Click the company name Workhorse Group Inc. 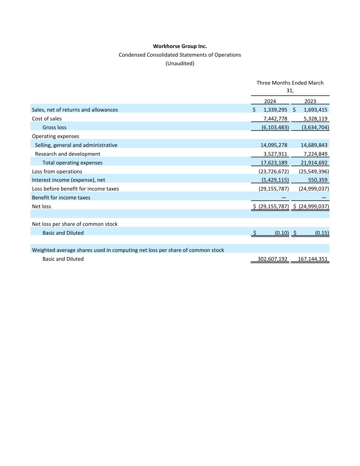(x=180, y=46)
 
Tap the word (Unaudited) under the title (x=180, y=63)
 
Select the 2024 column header (x=270, y=101)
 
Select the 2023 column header (x=310, y=101)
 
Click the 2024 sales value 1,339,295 (x=275, y=110)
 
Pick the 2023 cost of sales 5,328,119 (x=315, y=118)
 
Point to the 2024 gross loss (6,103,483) (x=275, y=127)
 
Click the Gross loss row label (x=54, y=127)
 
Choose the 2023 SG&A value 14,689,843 (x=314, y=145)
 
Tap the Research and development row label (x=68, y=154)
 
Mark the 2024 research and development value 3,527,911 (x=275, y=154)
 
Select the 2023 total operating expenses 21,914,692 (x=314, y=163)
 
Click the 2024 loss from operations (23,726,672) (x=274, y=171)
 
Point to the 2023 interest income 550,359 (x=318, y=180)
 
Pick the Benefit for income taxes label (x=61, y=198)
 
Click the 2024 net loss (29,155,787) (x=274, y=206)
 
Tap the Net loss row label (x=41, y=206)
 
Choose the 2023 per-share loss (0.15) (x=322, y=233)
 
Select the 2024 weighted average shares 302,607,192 (x=272, y=259)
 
